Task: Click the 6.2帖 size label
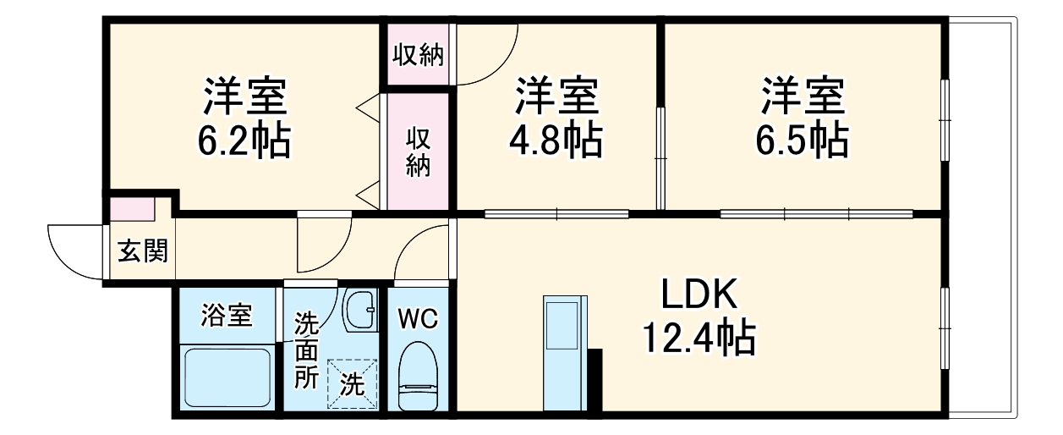246,142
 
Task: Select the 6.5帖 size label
802,140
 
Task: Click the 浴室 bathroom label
226,317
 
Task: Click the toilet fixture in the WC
418,375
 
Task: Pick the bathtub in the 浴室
227,377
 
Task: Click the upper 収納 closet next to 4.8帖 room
418,55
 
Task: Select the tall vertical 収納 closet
418,152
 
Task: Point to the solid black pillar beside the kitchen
595,381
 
